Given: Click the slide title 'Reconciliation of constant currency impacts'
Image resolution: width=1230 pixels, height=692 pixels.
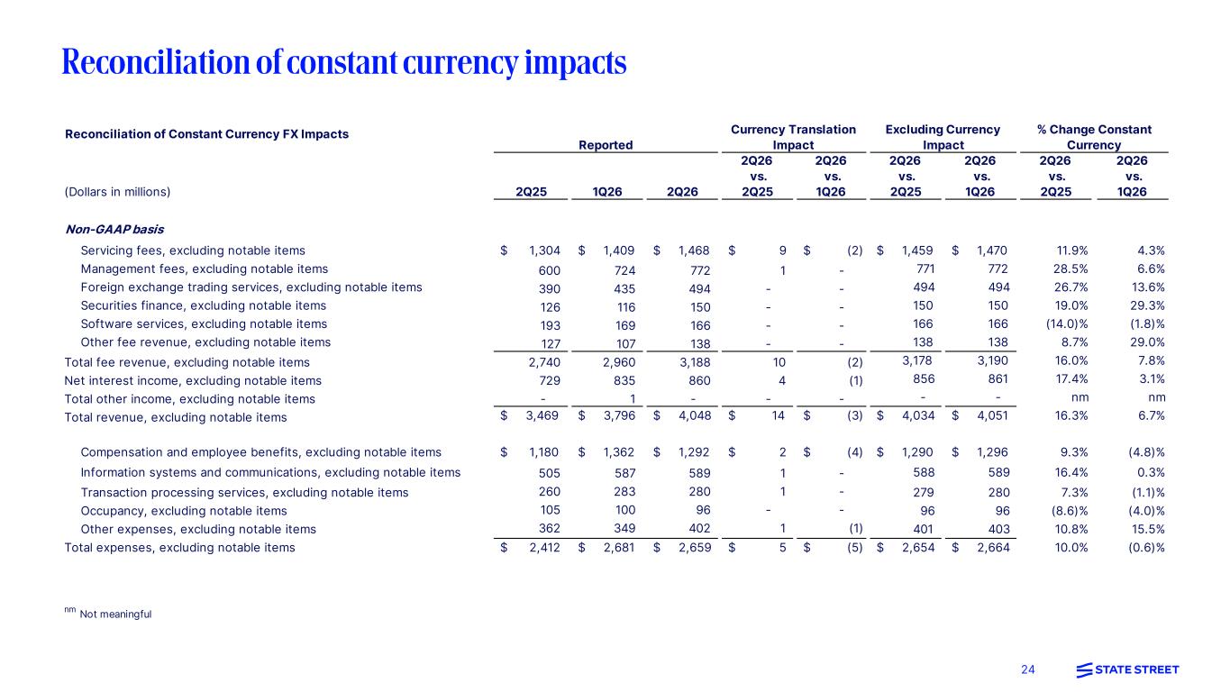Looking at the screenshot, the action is pos(343,62).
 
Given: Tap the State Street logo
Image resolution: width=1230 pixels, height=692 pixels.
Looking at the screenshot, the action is pos(1127,669).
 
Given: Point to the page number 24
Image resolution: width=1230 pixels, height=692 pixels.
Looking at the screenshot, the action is pos(1028,669).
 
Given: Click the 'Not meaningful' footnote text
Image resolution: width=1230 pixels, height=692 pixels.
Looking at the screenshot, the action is pos(116,614).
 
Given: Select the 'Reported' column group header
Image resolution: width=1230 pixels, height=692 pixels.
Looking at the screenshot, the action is pos(606,145).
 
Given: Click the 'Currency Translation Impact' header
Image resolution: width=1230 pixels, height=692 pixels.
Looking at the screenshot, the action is pos(793,137).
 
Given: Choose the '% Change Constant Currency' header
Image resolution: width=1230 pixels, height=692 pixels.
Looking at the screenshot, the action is pos(1094,137).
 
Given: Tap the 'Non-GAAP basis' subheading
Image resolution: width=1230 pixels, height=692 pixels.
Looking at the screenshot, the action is pos(114,229).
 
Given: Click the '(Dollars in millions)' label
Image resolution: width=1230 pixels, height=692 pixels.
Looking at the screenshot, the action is pos(117,192).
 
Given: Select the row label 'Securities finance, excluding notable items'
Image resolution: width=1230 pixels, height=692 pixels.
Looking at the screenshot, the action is pos(203,305).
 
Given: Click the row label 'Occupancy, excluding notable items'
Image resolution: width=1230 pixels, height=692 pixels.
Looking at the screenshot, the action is pos(184,511).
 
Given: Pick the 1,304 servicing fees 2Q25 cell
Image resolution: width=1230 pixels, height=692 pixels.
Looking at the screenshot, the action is pos(544,250).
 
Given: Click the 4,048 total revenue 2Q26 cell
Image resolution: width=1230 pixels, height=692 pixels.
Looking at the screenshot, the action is pos(695,415).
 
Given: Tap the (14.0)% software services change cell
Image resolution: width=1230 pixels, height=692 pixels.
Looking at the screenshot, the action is pos(1066,324).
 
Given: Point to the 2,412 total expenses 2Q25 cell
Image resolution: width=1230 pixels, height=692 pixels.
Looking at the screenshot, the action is pos(544,548).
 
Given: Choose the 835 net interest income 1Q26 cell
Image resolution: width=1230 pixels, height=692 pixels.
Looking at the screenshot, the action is pos(624,380).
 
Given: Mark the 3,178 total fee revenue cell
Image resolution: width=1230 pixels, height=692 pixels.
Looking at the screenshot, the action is pos(917,360).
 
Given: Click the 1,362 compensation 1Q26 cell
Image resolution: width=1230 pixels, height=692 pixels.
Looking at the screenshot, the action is pos(619,452).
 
